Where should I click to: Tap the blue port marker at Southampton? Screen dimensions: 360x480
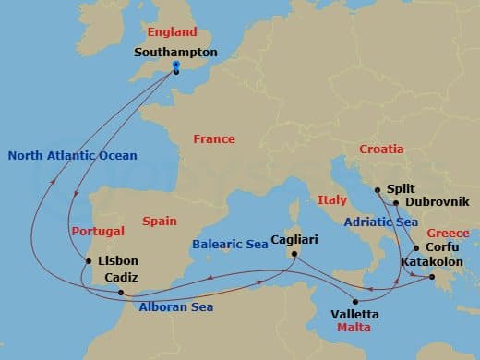tap(175, 66)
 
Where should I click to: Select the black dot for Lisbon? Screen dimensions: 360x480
tap(89, 261)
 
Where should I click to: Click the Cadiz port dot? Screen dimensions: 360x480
tap(121, 293)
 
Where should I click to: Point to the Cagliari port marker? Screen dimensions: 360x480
tap(294, 254)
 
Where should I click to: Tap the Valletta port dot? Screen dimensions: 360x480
tap(357, 301)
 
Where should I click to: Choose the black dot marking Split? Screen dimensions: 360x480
tap(378, 191)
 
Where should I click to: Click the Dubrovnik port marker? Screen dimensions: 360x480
tap(395, 203)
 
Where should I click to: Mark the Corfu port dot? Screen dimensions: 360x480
tap(415, 247)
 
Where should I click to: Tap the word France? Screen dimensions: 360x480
tap(214, 138)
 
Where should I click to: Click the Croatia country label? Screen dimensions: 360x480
tap(381, 149)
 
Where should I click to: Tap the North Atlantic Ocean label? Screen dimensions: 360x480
tap(73, 155)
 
